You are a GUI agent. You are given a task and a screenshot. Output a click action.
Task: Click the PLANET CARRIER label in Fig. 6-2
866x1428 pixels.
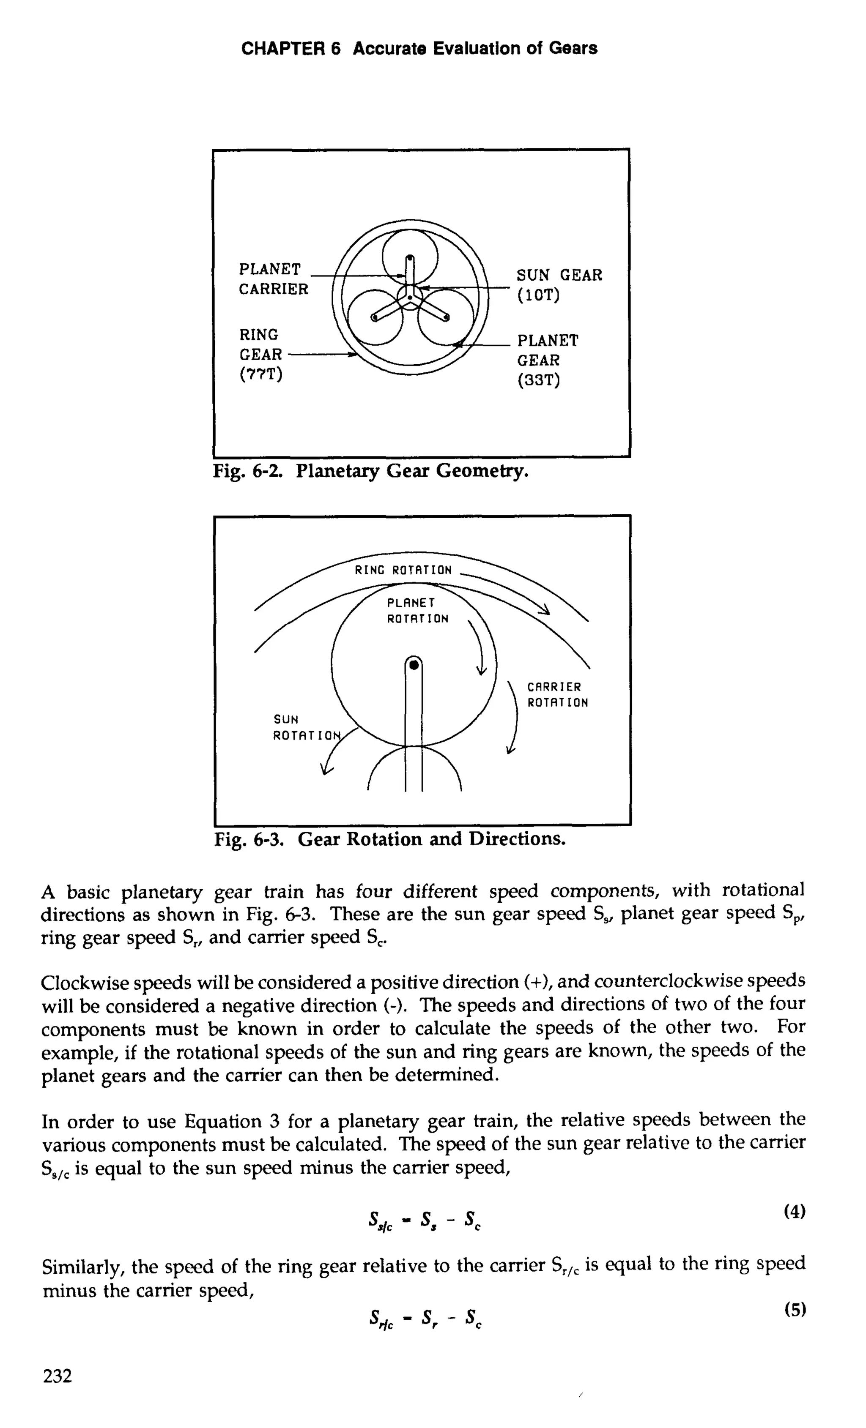coord(273,279)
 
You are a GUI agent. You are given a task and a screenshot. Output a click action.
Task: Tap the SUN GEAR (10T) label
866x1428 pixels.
coord(559,284)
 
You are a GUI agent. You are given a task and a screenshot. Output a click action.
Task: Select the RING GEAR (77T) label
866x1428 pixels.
coord(261,354)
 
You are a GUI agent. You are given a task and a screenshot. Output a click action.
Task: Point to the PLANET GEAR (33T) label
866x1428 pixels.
coord(547,360)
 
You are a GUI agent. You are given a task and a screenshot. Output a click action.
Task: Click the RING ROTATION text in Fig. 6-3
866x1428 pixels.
coord(403,570)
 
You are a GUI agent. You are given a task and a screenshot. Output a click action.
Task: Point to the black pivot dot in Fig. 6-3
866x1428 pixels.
coord(414,665)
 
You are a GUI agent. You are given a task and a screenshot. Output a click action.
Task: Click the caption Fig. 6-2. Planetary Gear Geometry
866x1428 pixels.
coord(371,471)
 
